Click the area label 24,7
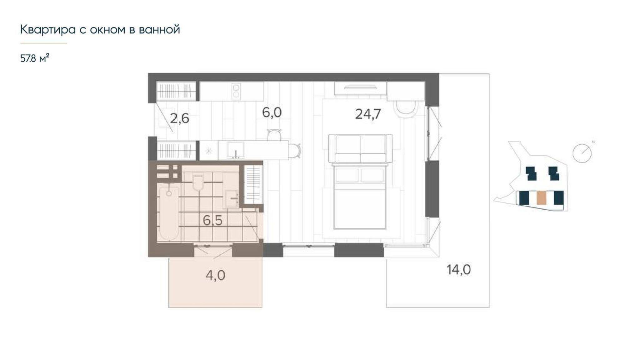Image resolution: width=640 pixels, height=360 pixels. tap(368, 114)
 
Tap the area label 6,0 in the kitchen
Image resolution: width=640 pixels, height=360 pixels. tap(272, 112)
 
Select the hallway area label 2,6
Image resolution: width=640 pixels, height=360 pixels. tap(180, 118)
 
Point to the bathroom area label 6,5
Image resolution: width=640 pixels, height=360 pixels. tap(212, 221)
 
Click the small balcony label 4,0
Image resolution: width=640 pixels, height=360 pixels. tap(216, 276)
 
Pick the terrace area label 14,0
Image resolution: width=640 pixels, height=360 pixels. tap(459, 270)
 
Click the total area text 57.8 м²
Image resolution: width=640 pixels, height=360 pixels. tap(35, 58)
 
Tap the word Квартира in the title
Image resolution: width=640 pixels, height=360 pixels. tap(48, 30)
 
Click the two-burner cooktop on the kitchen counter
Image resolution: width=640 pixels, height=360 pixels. tap(236, 91)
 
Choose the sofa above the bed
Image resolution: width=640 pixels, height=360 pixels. tap(361, 148)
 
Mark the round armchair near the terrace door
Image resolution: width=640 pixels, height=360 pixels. tap(407, 109)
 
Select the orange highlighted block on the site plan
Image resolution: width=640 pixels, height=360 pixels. tap(542, 198)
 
